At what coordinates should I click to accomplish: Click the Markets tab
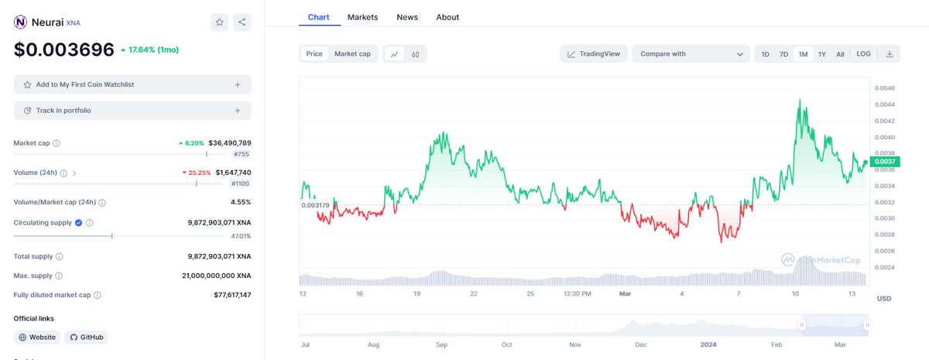pyautogui.click(x=362, y=17)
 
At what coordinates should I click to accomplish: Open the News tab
pyautogui.click(x=407, y=17)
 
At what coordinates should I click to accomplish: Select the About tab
pyautogui.click(x=447, y=17)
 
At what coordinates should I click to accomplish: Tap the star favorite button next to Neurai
pyautogui.click(x=220, y=22)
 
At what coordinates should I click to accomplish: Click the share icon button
pyautogui.click(x=242, y=22)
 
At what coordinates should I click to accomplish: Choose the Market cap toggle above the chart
pyautogui.click(x=352, y=54)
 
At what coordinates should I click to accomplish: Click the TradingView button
pyautogui.click(x=594, y=54)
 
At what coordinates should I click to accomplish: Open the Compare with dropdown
pyautogui.click(x=691, y=54)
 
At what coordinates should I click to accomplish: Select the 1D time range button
pyautogui.click(x=765, y=54)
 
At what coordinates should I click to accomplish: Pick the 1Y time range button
pyautogui.click(x=822, y=54)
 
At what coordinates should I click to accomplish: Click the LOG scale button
pyautogui.click(x=863, y=54)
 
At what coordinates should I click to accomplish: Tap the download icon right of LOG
pyautogui.click(x=889, y=54)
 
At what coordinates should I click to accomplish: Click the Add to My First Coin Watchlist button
pyautogui.click(x=132, y=84)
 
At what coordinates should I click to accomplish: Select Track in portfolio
pyautogui.click(x=132, y=111)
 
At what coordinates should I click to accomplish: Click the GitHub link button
pyautogui.click(x=86, y=338)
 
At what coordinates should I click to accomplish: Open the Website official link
pyautogui.click(x=37, y=338)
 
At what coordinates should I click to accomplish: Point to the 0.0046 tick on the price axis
pyautogui.click(x=884, y=88)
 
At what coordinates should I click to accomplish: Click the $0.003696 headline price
pyautogui.click(x=64, y=50)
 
